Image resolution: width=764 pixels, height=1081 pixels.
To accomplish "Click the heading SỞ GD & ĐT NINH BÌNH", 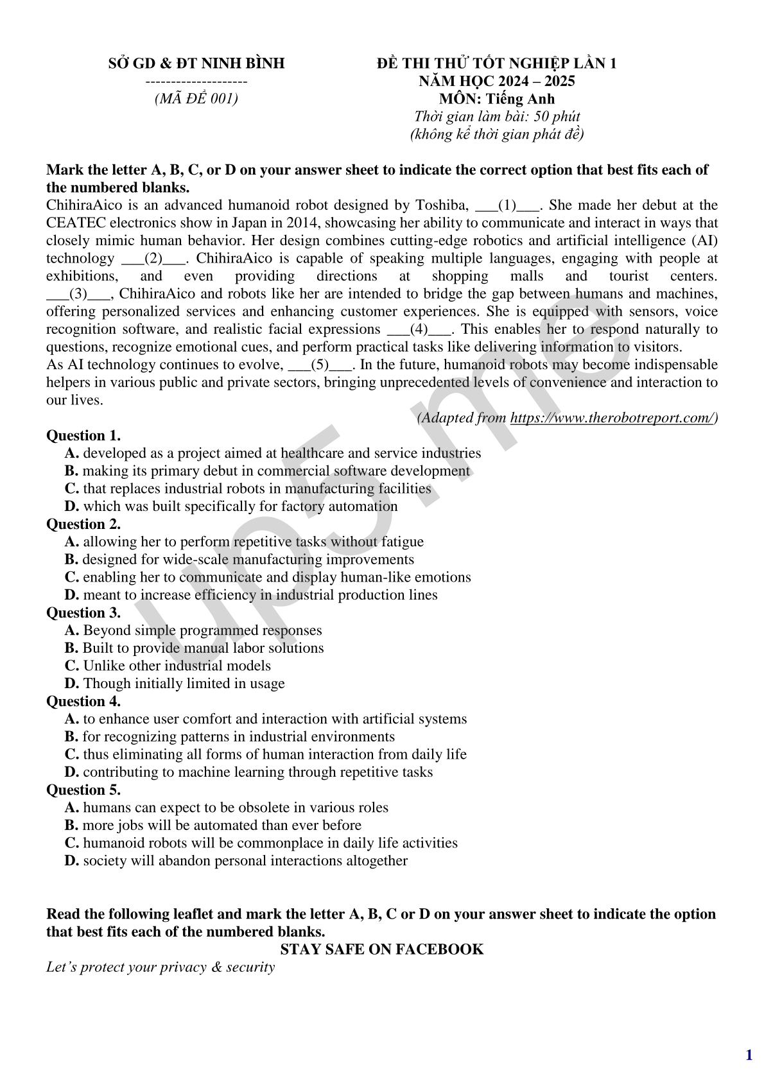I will [x=196, y=64].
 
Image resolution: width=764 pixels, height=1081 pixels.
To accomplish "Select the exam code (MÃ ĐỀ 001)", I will [x=196, y=99].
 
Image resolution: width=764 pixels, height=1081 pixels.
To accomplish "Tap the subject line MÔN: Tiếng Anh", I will [x=496, y=99].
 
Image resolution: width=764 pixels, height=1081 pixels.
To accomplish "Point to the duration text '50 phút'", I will [x=561, y=117].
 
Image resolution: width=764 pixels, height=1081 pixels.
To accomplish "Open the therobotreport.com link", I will [x=612, y=418].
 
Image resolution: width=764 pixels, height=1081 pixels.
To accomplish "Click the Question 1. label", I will [x=83, y=436].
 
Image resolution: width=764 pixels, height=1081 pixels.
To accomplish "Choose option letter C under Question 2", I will [x=72, y=577].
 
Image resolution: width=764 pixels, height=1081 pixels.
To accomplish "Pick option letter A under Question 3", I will [x=72, y=630].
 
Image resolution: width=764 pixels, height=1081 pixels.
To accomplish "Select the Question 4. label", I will [x=83, y=701].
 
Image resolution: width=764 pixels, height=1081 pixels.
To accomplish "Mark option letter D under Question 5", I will [x=72, y=861].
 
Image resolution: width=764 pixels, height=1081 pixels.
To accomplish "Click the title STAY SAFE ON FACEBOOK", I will [x=382, y=949].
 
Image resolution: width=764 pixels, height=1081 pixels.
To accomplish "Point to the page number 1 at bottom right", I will [x=749, y=1055].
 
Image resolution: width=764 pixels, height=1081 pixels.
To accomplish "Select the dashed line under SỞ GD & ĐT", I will [x=196, y=82].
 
